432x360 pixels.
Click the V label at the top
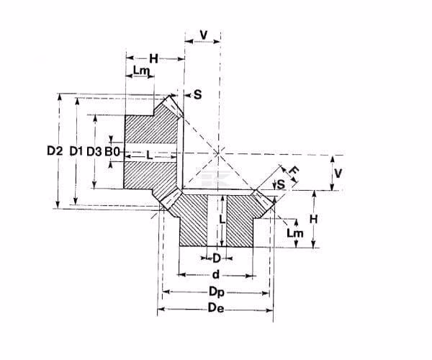click(203, 35)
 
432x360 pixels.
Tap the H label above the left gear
click(153, 58)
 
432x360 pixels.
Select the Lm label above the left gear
click(141, 71)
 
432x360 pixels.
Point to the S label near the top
click(197, 95)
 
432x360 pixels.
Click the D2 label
click(55, 151)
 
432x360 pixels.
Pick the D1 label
click(76, 151)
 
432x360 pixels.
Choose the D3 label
click(94, 151)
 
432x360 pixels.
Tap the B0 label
click(112, 151)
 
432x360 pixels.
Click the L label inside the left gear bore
click(149, 156)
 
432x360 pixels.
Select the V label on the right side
click(338, 174)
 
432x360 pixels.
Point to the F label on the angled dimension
click(294, 171)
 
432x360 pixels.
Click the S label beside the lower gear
click(281, 184)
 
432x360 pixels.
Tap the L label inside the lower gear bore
click(222, 220)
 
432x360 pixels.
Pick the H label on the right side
click(313, 220)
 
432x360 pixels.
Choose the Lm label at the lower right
click(295, 233)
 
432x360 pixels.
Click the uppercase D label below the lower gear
click(217, 258)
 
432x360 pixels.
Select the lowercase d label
click(216, 274)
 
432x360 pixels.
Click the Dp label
click(217, 292)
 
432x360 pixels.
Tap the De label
click(216, 308)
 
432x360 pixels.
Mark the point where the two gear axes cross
click(219, 153)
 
